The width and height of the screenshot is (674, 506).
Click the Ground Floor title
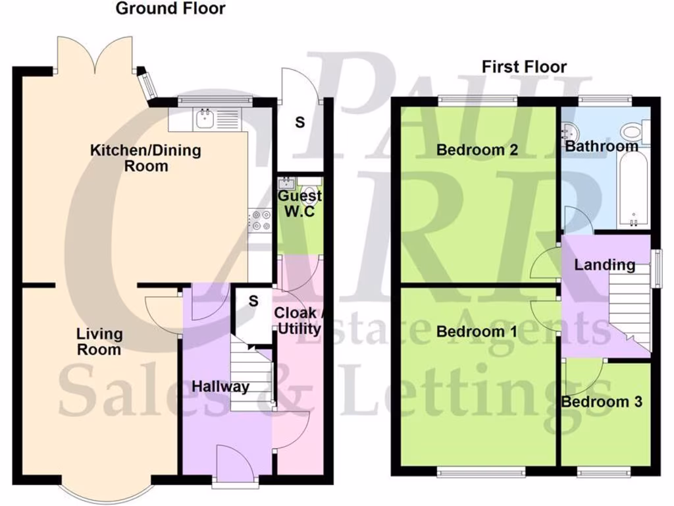pos(170,9)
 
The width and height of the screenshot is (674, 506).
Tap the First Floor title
pos(524,67)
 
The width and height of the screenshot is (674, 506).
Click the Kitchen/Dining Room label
pos(145,158)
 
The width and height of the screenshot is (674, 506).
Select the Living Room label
pos(99,341)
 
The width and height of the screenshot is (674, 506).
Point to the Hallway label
pos(220,387)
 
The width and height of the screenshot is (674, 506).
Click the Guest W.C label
pos(299,204)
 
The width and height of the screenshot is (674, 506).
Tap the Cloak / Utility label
pos(298,320)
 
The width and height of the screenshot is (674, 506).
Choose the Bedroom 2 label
pos(477,150)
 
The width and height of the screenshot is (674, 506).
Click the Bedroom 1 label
pos(477,331)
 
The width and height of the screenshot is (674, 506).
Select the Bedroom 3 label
pos(602,401)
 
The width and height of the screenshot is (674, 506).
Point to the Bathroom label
pos(602,146)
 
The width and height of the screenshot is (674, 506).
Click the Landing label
pos(604,265)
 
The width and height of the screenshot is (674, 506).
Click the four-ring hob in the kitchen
pos(259,219)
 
